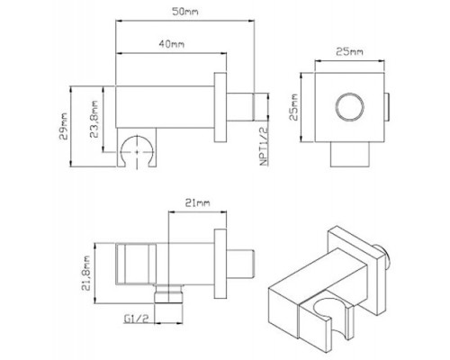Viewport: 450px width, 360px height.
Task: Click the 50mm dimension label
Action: (x=185, y=12)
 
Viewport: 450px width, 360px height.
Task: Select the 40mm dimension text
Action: (x=171, y=44)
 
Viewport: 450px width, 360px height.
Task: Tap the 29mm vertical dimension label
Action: (x=64, y=126)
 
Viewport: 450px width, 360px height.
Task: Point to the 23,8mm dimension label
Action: (x=94, y=119)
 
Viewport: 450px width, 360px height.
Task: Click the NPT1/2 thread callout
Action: (x=264, y=147)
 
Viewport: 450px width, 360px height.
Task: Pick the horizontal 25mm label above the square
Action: (x=349, y=51)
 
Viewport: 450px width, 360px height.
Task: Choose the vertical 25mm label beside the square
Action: (x=293, y=107)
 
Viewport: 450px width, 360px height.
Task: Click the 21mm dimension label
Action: (x=197, y=203)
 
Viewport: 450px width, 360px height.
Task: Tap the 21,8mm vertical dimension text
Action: (x=86, y=273)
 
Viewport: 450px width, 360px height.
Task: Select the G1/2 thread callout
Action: (x=137, y=319)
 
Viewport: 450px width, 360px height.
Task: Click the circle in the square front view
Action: (x=350, y=107)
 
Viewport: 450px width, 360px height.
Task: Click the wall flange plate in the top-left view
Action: (x=220, y=107)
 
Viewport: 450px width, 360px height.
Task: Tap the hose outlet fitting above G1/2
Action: (x=168, y=293)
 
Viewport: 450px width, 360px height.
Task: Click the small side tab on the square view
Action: (x=387, y=107)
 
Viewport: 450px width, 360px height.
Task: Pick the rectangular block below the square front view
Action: (x=350, y=154)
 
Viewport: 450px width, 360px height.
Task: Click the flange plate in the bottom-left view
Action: (x=220, y=264)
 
